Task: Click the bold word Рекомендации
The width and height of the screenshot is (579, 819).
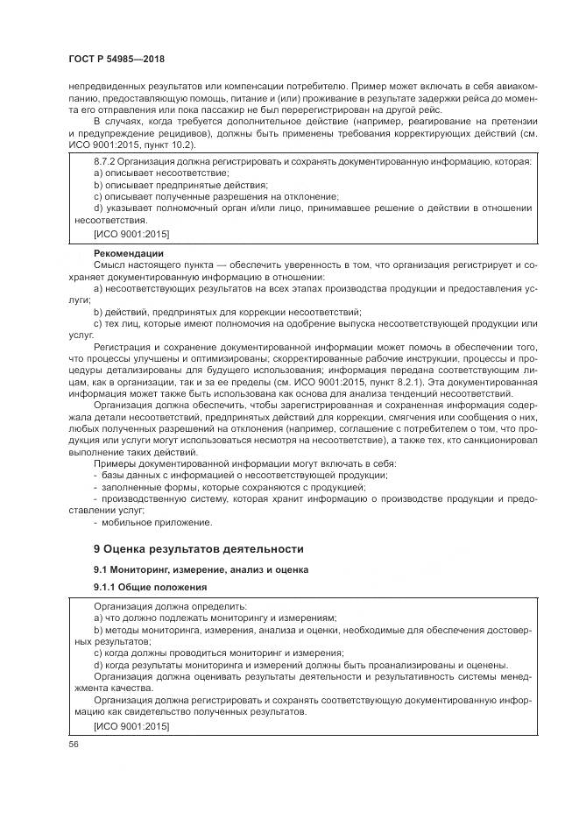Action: click(x=128, y=254)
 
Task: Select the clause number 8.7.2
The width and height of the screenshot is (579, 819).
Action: click(x=105, y=163)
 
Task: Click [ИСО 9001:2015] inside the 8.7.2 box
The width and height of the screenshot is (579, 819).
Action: click(x=131, y=235)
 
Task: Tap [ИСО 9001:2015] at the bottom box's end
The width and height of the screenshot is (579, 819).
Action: click(x=131, y=727)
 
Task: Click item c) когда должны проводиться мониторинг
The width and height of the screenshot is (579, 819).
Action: click(x=218, y=653)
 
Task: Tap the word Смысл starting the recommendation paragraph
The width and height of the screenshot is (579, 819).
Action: click(x=109, y=265)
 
